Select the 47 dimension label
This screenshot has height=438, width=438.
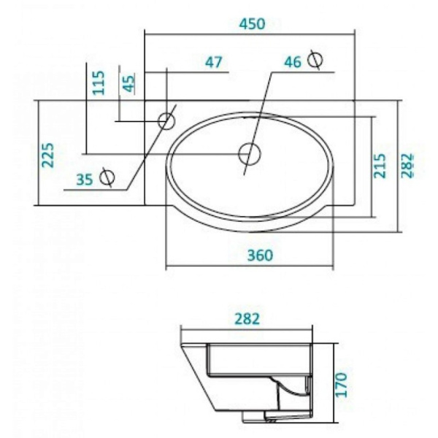[x=214, y=63]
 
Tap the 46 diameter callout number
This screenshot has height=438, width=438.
[x=293, y=63]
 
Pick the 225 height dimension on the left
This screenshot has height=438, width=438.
[x=48, y=155]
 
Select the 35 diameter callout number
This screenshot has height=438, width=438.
[x=85, y=178]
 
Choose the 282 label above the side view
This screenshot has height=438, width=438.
[x=248, y=318]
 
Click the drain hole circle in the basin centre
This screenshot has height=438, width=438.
[x=250, y=154]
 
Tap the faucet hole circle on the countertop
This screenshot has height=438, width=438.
[x=168, y=118]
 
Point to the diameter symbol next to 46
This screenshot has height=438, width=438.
[x=315, y=60]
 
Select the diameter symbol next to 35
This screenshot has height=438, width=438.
[x=107, y=176]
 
